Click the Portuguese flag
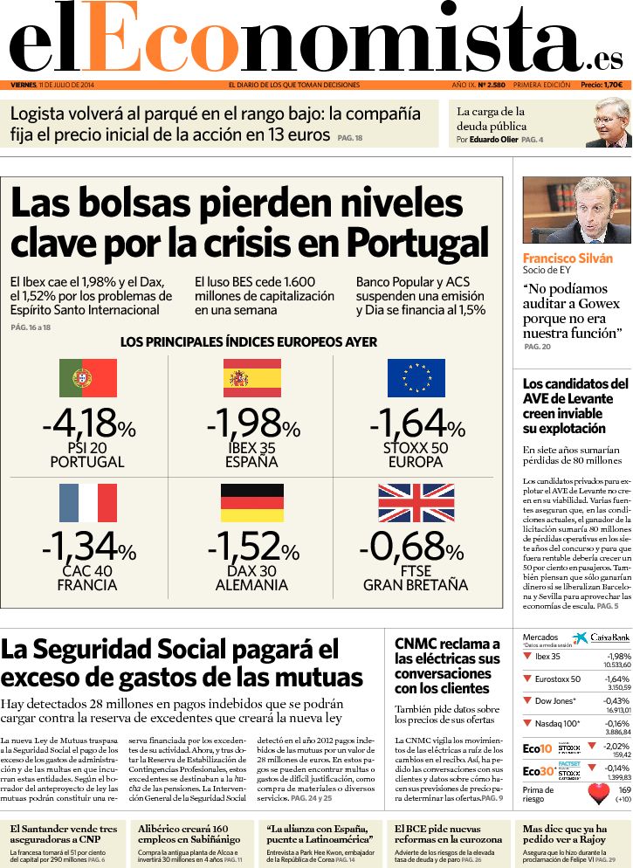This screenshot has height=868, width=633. pyautogui.click(x=88, y=378)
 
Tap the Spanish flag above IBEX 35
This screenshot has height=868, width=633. pyautogui.click(x=251, y=378)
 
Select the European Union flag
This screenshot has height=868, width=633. pyautogui.click(x=416, y=378)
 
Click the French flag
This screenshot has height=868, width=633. pyautogui.click(x=88, y=503)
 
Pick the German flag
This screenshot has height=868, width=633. pyautogui.click(x=251, y=503)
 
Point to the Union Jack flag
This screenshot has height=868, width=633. pyautogui.click(x=416, y=503)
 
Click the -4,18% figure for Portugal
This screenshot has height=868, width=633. pyautogui.click(x=88, y=426)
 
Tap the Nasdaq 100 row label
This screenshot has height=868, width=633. pyautogui.click(x=557, y=724)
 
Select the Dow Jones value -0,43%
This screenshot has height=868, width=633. pyautogui.click(x=616, y=701)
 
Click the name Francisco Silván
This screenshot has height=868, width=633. pyautogui.click(x=568, y=258)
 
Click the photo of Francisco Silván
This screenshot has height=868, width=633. pyautogui.click(x=576, y=210)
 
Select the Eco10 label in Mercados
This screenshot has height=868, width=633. pyautogui.click(x=537, y=748)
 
